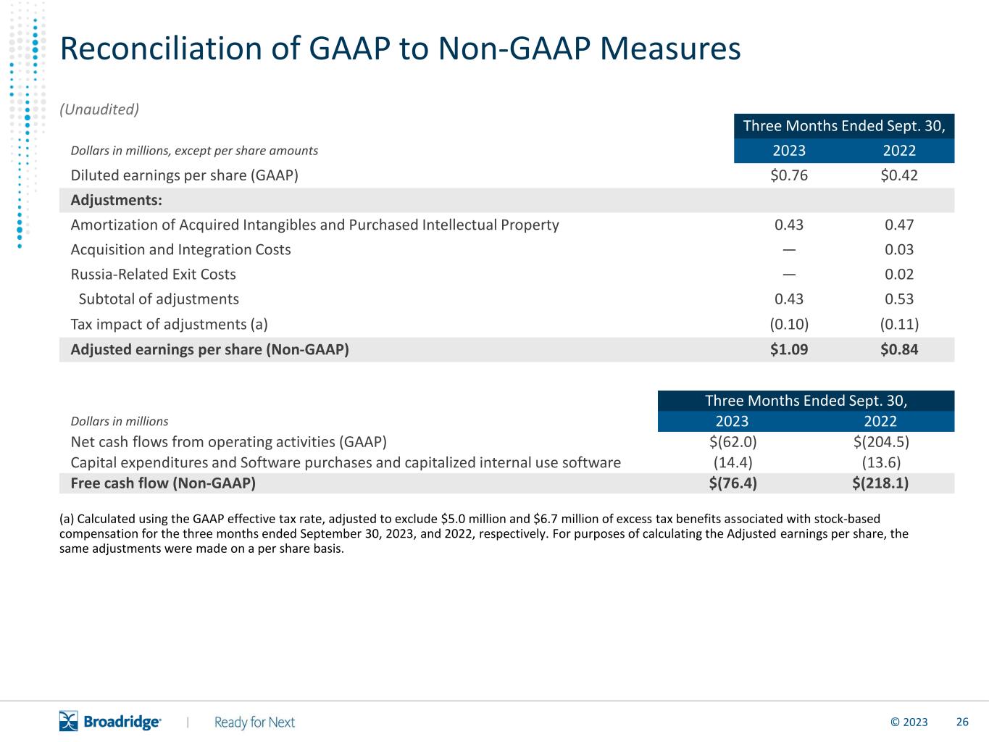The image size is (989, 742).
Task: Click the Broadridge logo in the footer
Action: coord(110,721)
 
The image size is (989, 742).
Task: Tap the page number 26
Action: coord(962,722)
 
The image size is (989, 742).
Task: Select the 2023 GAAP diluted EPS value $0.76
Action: coord(789,175)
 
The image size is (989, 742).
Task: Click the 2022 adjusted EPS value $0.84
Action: coord(899,349)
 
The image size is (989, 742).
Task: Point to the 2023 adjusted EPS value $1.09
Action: coord(789,349)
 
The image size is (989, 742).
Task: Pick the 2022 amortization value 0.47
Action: coord(899,225)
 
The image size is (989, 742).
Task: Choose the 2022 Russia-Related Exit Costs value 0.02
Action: coord(899,274)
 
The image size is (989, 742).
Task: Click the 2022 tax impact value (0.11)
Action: coord(899,324)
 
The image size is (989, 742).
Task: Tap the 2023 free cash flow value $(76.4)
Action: coord(733,483)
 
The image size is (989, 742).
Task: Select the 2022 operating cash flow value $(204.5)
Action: coord(881,441)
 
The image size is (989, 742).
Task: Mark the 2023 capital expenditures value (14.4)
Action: coord(733,462)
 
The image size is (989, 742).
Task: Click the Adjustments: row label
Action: coord(116,199)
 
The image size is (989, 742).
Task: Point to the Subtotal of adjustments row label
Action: coord(159,299)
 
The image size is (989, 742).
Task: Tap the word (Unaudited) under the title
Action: coord(99,109)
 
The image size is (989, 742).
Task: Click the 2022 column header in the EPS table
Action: coord(899,150)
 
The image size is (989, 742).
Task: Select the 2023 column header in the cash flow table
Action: coord(732,421)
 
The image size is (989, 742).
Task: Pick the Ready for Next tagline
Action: coord(254,722)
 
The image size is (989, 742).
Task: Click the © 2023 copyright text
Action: coord(909,722)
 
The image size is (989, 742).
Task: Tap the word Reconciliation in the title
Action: coord(161,49)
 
